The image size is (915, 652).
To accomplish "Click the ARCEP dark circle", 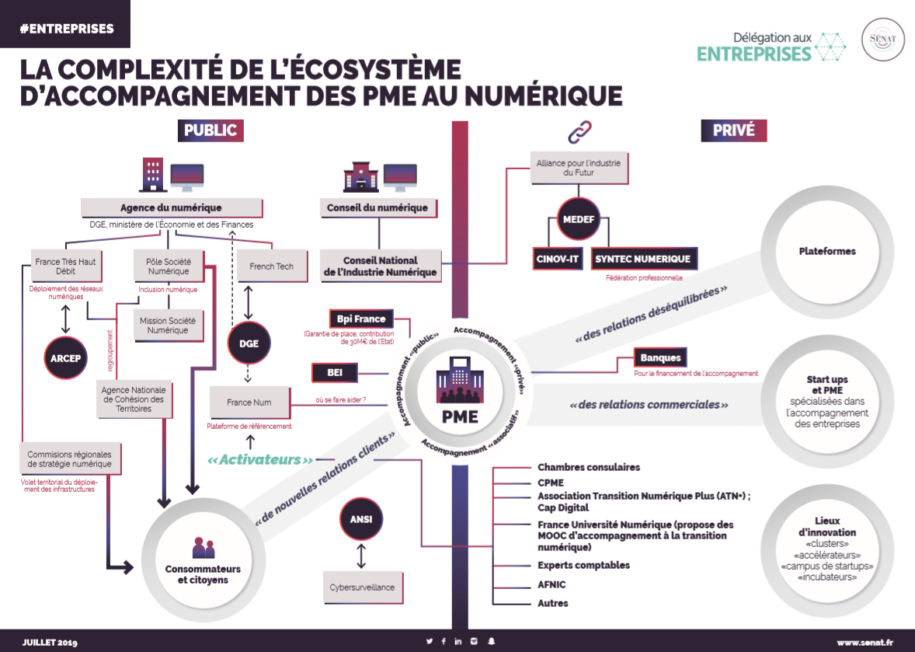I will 65,357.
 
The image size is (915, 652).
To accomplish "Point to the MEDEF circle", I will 579,219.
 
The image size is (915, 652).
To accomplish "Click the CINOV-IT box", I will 558,260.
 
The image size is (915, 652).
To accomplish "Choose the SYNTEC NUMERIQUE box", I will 642,260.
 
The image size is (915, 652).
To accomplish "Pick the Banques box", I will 660,357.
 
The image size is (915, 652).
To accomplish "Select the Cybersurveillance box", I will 362,587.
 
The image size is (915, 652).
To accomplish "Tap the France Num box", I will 250,403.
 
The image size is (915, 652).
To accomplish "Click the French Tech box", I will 271,267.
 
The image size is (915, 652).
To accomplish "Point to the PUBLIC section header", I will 210,131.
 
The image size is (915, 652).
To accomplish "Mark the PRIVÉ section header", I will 733,131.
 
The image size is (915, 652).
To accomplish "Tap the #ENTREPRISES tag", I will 65,29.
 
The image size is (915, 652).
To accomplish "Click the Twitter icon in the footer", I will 429,641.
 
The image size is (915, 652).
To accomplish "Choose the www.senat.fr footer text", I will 865,643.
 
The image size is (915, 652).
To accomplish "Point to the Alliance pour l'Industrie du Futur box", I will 578,168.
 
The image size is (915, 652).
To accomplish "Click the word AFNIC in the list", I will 551,584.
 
